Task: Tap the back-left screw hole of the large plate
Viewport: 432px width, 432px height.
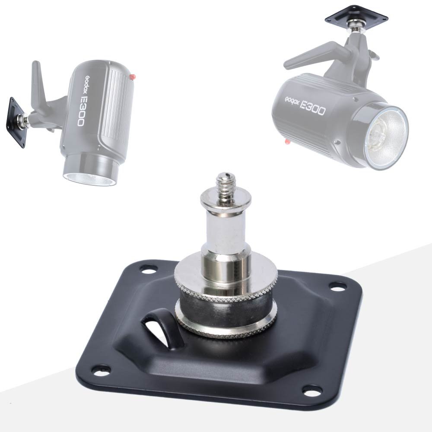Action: point(148,268)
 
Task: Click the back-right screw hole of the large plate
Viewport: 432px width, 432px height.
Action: point(337,286)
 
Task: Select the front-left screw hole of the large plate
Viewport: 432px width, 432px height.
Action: point(102,369)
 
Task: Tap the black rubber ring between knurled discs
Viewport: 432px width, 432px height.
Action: point(226,310)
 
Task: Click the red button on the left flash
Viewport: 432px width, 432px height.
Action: point(133,77)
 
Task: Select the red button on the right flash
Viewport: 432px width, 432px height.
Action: point(287,142)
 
